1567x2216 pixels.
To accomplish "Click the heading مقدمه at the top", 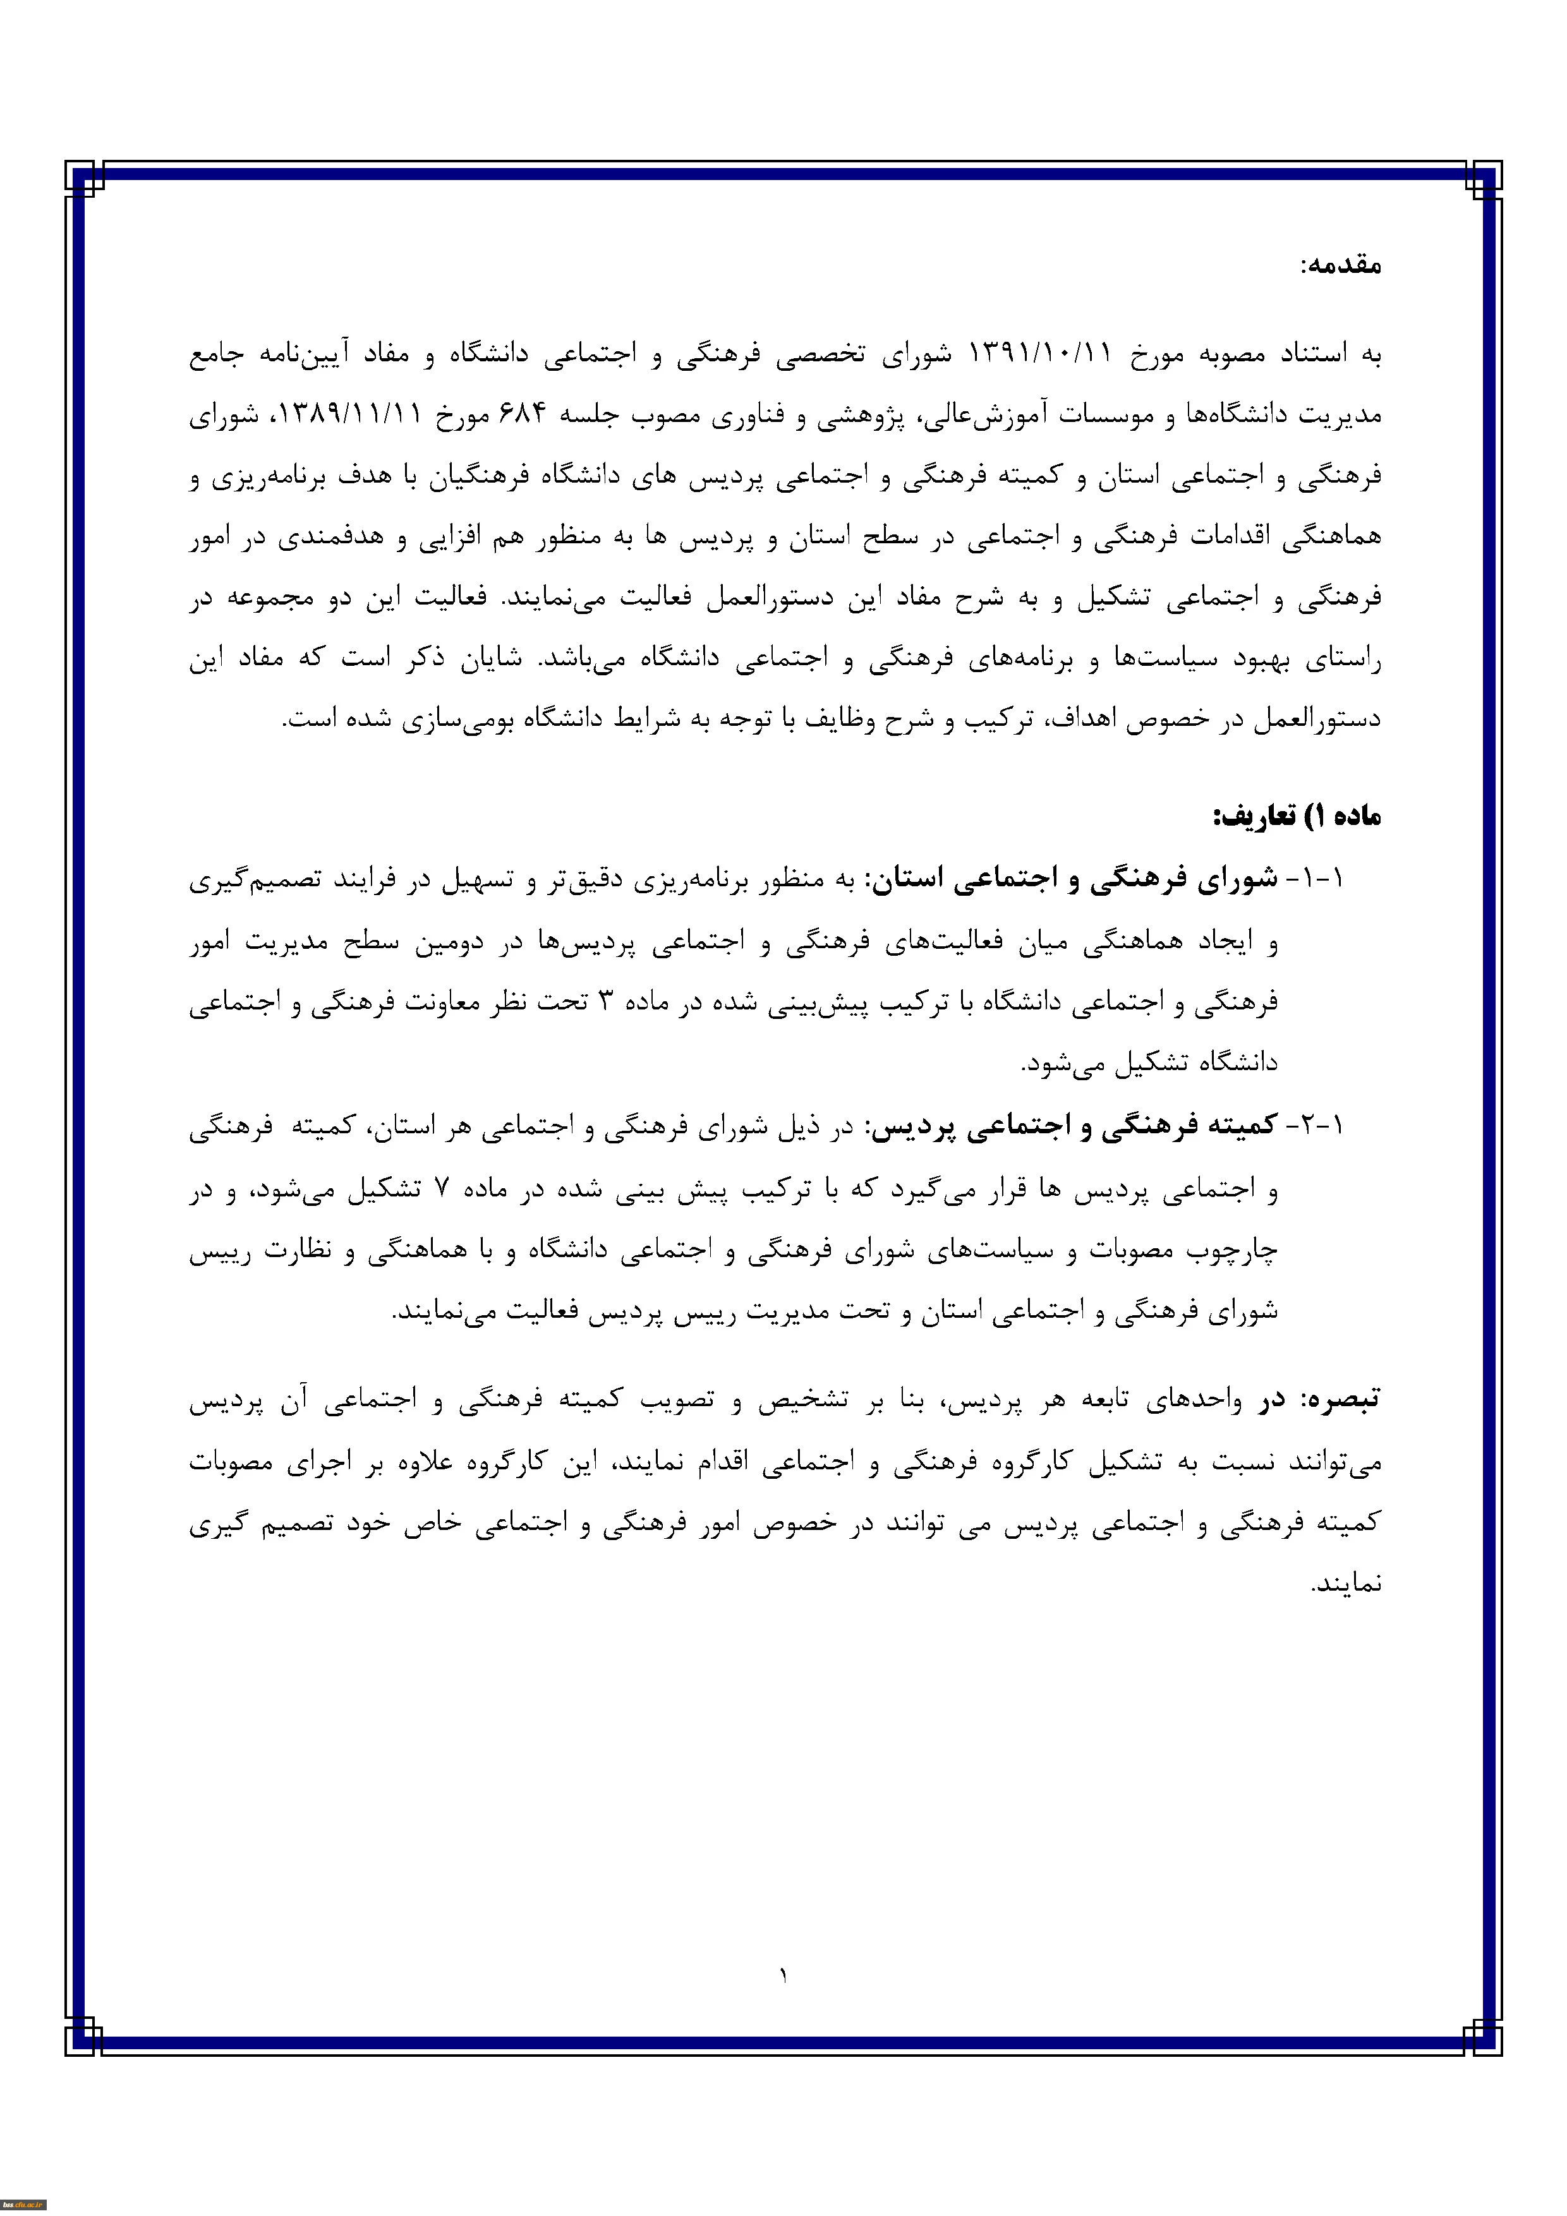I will click(x=1340, y=265).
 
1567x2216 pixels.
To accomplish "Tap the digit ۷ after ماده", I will click(x=441, y=1188).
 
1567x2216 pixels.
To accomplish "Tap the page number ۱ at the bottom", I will click(x=783, y=1976).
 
